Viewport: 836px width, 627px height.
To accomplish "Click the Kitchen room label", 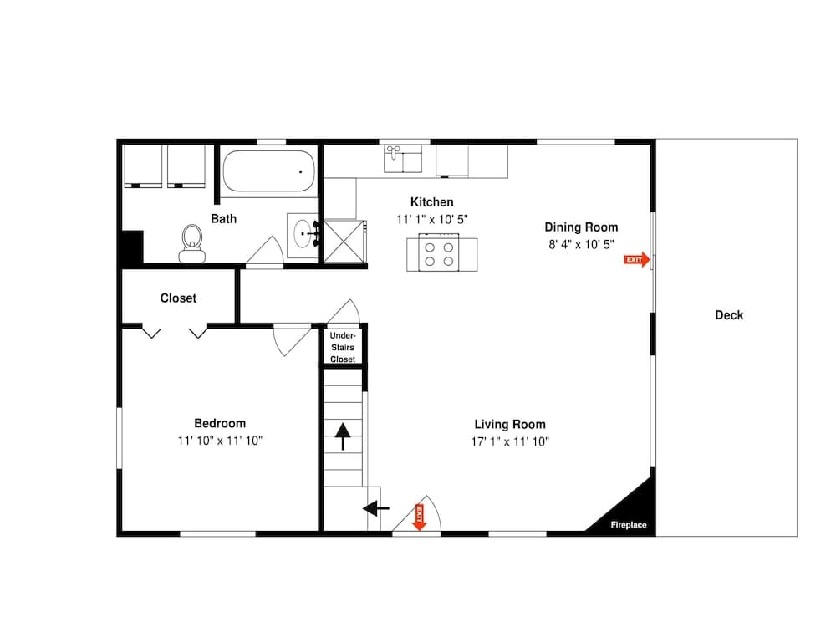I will pyautogui.click(x=431, y=202).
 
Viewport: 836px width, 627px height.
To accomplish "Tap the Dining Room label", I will pyautogui.click(x=581, y=227).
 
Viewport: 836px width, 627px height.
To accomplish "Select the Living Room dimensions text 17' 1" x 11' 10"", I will pyautogui.click(x=511, y=441).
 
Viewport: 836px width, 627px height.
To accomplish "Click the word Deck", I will pyautogui.click(x=729, y=315).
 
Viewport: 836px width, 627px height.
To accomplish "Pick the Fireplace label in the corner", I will pyautogui.click(x=628, y=525).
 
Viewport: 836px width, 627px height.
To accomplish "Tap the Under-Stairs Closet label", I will pyautogui.click(x=343, y=347).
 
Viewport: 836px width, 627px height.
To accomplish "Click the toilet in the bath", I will pyautogui.click(x=192, y=242).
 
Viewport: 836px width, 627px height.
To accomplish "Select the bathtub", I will pyautogui.click(x=268, y=171).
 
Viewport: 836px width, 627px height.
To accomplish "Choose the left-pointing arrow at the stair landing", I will pyautogui.click(x=375, y=507).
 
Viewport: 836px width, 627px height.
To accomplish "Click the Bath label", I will pyautogui.click(x=223, y=219).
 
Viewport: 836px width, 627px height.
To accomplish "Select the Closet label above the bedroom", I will pyautogui.click(x=178, y=298).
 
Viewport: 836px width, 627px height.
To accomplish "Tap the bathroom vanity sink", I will pyautogui.click(x=303, y=236).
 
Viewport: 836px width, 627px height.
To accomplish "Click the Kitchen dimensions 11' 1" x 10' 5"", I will pyautogui.click(x=431, y=219).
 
